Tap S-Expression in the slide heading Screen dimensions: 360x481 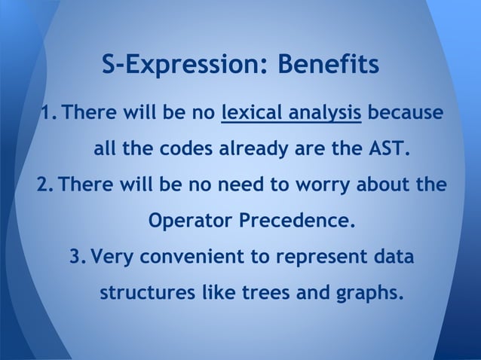(x=185, y=66)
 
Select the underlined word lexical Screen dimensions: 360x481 (x=251, y=114)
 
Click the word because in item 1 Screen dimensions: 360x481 (x=406, y=114)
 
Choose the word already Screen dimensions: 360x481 (x=253, y=149)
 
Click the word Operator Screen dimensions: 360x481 (x=190, y=221)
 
